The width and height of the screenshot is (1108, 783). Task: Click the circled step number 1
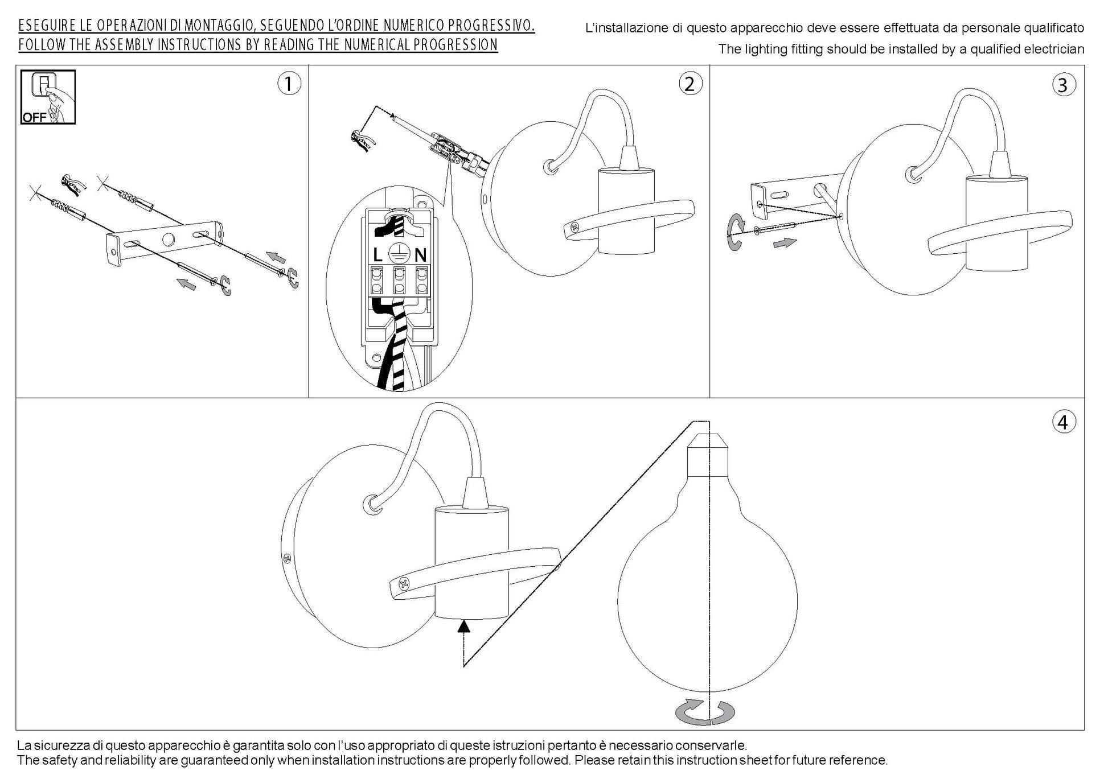coord(289,84)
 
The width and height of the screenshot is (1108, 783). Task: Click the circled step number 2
coord(690,84)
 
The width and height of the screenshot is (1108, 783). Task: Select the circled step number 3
coord(1062,85)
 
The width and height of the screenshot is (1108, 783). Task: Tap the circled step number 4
coord(1062,422)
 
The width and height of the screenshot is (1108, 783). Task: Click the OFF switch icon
coord(48,97)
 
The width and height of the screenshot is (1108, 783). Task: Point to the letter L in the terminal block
coord(377,254)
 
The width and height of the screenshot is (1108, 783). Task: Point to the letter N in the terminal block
coord(421,254)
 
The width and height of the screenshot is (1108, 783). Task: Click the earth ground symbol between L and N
coord(399,253)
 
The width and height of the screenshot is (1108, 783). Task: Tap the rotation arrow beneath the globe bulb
coord(704,712)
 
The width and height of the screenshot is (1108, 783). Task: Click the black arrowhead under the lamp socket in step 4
coord(465,627)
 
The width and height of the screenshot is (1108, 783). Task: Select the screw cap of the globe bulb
coord(708,455)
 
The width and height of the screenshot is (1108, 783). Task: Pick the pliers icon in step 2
coord(362,140)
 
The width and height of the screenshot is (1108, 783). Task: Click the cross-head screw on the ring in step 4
coord(404,583)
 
